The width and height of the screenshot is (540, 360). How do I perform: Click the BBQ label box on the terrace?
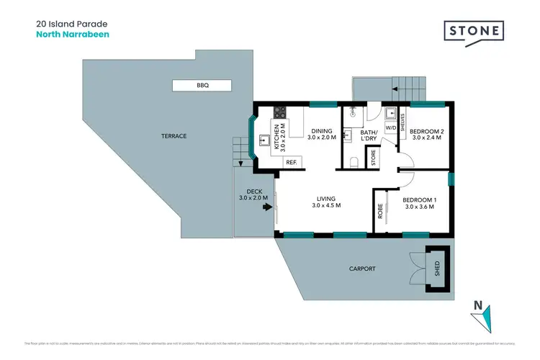[202, 86]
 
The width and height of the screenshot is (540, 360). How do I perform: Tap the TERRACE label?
[173, 136]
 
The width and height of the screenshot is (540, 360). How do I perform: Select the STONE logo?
[472, 32]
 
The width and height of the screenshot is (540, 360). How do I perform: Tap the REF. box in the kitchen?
[292, 163]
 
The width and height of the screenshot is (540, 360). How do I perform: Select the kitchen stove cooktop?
[279, 112]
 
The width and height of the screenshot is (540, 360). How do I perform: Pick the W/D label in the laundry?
[390, 127]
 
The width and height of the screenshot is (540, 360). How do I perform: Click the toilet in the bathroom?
[352, 161]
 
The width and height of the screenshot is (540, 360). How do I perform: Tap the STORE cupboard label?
[374, 158]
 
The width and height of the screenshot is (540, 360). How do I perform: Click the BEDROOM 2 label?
[427, 132]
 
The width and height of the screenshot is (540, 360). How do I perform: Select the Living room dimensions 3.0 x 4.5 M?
[326, 206]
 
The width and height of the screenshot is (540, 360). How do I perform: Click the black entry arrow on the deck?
[268, 207]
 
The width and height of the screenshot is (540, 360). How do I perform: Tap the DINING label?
[322, 131]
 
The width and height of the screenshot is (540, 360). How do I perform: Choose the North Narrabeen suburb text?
[72, 34]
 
